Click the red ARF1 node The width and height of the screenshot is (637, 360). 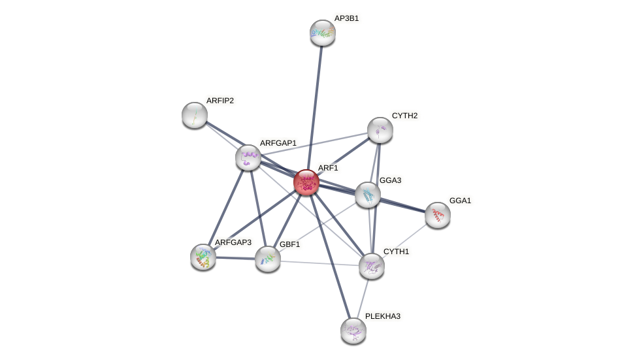306,182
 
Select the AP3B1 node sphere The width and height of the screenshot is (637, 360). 322,33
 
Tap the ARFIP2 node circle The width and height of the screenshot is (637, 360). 194,115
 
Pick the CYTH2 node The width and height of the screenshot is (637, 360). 380,130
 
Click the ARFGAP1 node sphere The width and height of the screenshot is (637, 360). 248,157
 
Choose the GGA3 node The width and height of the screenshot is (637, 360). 368,195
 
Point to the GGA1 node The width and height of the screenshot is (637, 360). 437,214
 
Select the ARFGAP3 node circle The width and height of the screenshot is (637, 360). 203,256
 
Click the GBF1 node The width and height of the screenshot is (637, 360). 267,259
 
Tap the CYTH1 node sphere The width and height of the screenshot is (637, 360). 371,265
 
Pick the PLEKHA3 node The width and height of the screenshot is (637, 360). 353,330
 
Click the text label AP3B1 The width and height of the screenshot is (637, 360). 346,18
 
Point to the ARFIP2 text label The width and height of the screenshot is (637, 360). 220,101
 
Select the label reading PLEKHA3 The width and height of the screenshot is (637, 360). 382,316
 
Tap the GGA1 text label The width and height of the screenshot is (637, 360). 460,201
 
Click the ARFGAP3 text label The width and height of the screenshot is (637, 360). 233,242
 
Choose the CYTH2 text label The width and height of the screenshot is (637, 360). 404,116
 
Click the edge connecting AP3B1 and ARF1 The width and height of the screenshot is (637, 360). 314,105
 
